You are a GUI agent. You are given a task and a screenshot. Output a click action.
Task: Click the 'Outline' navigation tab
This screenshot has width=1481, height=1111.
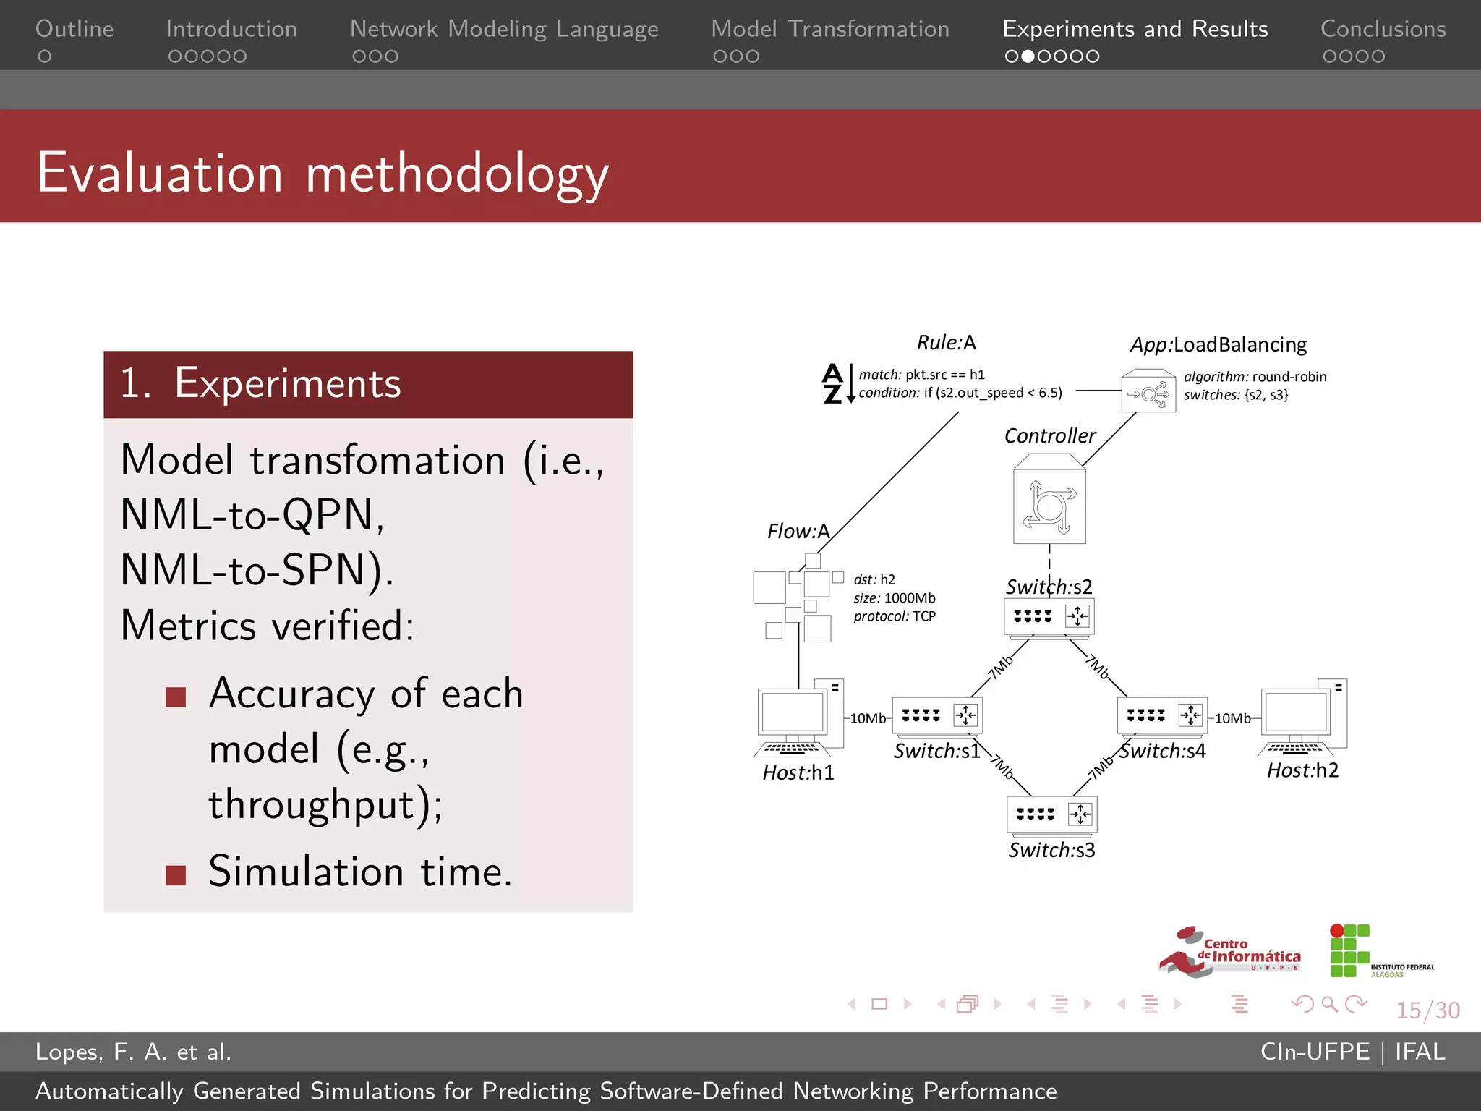point(74,29)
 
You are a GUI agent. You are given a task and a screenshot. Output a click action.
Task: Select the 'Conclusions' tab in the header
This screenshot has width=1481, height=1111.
point(1383,29)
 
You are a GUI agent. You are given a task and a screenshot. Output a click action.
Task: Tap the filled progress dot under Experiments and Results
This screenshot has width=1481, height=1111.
point(1028,56)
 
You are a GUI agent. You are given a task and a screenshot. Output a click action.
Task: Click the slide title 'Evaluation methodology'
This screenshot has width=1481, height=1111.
point(323,174)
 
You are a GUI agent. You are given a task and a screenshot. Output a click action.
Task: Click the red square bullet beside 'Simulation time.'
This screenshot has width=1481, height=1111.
point(176,875)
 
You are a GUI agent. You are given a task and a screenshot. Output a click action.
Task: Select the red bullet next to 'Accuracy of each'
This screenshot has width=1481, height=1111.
point(176,697)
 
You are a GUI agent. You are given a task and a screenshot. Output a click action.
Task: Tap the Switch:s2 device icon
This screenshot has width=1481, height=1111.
point(1049,617)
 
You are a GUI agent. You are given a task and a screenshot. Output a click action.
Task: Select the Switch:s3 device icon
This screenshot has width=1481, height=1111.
point(1052,815)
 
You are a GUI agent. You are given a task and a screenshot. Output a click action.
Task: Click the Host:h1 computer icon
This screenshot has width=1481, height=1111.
point(800,718)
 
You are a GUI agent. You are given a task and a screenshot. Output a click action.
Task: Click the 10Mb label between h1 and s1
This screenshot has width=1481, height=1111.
point(867,718)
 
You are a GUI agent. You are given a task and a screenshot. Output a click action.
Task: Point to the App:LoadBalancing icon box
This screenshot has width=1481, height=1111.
point(1148,391)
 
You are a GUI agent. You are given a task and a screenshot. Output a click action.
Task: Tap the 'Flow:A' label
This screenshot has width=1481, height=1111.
point(798,532)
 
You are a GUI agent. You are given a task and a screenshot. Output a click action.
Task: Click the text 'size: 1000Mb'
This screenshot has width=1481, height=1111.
point(894,598)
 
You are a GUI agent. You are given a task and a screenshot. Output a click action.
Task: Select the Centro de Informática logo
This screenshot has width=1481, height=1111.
point(1229,952)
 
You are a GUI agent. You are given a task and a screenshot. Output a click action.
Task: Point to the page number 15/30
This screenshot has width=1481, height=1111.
point(1427,1010)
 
